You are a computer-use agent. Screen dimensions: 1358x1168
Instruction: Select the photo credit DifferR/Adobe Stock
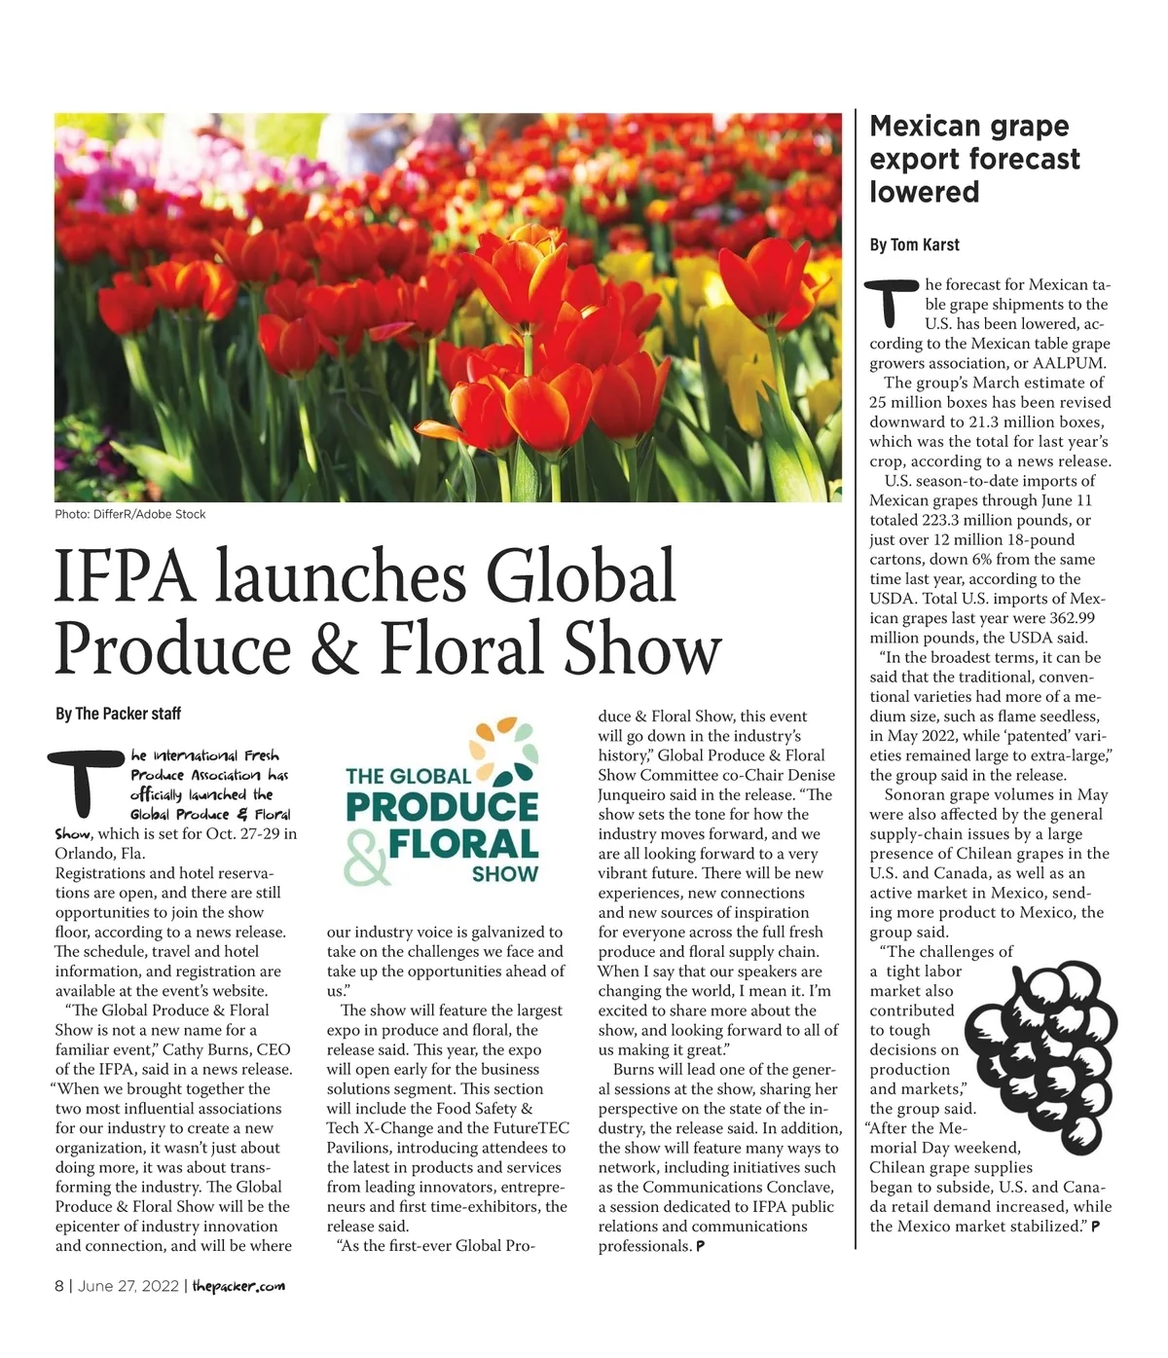point(150,514)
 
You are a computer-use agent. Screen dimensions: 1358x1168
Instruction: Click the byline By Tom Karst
point(914,244)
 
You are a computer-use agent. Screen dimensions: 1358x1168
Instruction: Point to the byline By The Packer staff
point(118,714)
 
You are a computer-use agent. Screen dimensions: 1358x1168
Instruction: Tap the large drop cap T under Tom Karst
point(894,303)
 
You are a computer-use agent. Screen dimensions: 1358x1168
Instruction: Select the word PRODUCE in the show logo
point(442,807)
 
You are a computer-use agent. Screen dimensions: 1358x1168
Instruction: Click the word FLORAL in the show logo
point(463,843)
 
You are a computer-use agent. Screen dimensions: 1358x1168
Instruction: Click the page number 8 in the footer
point(59,1286)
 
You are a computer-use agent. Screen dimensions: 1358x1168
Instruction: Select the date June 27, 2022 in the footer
point(128,1286)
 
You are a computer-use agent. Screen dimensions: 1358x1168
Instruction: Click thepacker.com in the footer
point(238,1286)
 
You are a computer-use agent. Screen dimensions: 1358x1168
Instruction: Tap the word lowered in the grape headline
point(924,192)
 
